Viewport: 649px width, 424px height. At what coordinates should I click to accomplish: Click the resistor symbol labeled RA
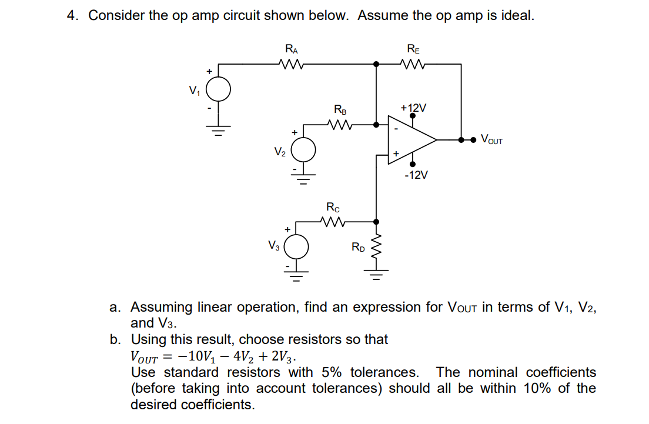[292, 64]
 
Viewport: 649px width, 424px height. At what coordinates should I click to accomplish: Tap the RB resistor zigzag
[340, 124]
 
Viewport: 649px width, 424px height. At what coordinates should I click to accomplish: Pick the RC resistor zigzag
[332, 222]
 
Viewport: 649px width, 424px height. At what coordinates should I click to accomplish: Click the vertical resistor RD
[376, 250]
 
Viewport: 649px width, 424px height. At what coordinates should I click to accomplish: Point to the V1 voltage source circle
[218, 90]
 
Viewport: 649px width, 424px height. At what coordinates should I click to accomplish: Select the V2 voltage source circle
[303, 151]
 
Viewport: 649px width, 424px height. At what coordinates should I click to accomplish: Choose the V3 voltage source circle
[297, 246]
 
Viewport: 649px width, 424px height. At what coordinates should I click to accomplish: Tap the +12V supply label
[413, 108]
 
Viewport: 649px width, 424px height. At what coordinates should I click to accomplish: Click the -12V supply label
[416, 175]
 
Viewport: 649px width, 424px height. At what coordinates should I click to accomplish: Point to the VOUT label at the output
[491, 140]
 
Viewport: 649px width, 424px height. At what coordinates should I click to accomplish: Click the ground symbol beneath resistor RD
[376, 275]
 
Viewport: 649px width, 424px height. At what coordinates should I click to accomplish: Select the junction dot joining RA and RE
[376, 64]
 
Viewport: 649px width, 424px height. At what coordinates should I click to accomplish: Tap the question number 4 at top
[72, 16]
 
